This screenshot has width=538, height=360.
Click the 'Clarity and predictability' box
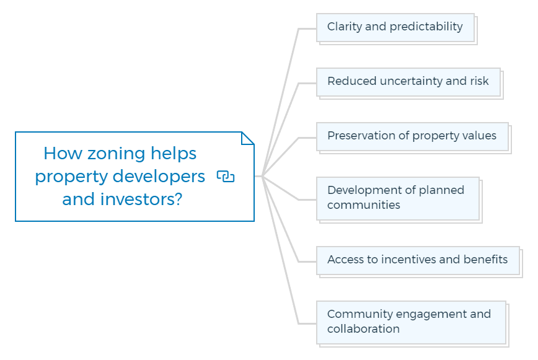(395, 28)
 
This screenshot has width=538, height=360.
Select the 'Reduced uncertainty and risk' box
(408, 82)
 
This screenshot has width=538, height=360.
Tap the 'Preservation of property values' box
(412, 137)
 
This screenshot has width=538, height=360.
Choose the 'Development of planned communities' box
(398, 198)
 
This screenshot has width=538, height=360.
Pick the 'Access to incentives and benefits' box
(418, 261)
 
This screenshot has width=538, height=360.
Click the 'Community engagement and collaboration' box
(411, 323)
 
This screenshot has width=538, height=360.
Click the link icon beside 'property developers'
(226, 177)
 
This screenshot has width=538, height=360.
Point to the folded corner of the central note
(248, 138)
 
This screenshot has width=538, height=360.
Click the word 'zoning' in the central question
(116, 154)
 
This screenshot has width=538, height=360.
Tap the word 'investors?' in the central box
(141, 199)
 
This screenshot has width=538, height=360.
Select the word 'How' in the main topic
(63, 153)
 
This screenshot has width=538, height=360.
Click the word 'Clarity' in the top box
(345, 27)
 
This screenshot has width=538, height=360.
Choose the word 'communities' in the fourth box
(364, 205)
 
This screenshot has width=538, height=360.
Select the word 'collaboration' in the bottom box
(363, 329)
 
